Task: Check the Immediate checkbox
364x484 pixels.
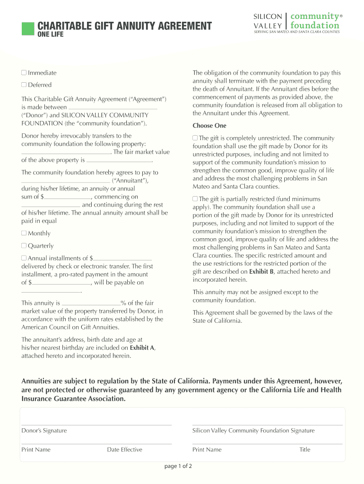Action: tap(24, 73)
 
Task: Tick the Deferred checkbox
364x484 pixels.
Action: tap(24, 85)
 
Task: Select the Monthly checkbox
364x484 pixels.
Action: tap(24, 233)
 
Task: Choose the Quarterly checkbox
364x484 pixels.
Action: tap(24, 246)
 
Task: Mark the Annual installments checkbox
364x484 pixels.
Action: tap(24, 259)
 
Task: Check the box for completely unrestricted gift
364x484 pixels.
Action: tap(195, 138)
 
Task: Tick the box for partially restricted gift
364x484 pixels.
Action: tap(195, 199)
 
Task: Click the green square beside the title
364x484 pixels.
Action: tap(28, 28)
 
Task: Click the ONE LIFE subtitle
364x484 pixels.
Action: tap(50, 35)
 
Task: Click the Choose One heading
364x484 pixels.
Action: tap(209, 126)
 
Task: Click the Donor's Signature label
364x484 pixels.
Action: tap(44, 431)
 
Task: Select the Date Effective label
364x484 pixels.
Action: tap(124, 449)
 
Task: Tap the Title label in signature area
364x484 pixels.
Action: tap(304, 449)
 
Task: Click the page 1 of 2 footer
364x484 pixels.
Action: tap(178, 466)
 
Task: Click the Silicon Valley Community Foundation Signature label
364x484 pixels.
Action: tap(253, 431)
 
